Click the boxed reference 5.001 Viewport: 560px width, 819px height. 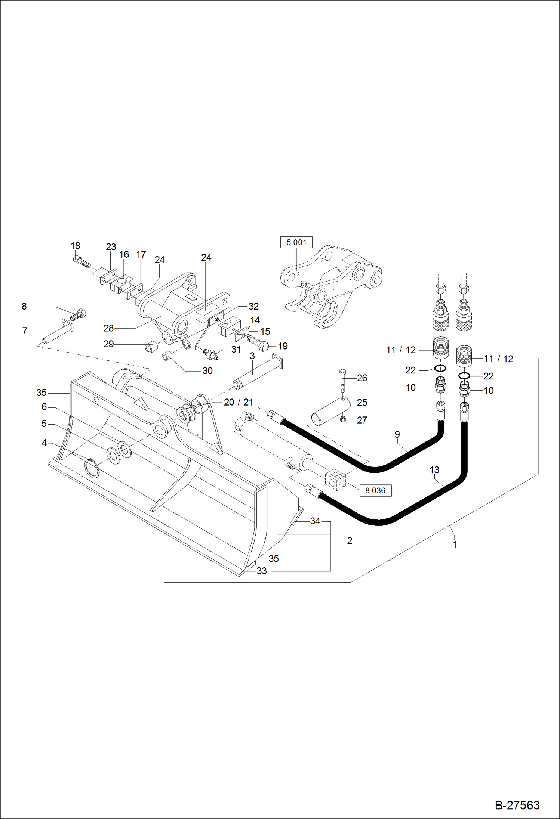click(296, 242)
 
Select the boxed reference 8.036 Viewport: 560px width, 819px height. click(375, 490)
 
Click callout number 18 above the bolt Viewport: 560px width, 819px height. click(75, 246)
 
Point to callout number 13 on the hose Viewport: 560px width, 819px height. click(434, 470)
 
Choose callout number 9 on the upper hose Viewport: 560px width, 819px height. click(397, 434)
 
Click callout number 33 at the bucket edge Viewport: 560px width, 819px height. click(262, 571)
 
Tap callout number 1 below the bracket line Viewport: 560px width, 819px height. click(455, 545)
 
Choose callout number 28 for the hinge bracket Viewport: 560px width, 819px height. click(108, 328)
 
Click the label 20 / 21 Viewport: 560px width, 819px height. click(239, 402)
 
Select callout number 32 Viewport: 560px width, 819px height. click(253, 306)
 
